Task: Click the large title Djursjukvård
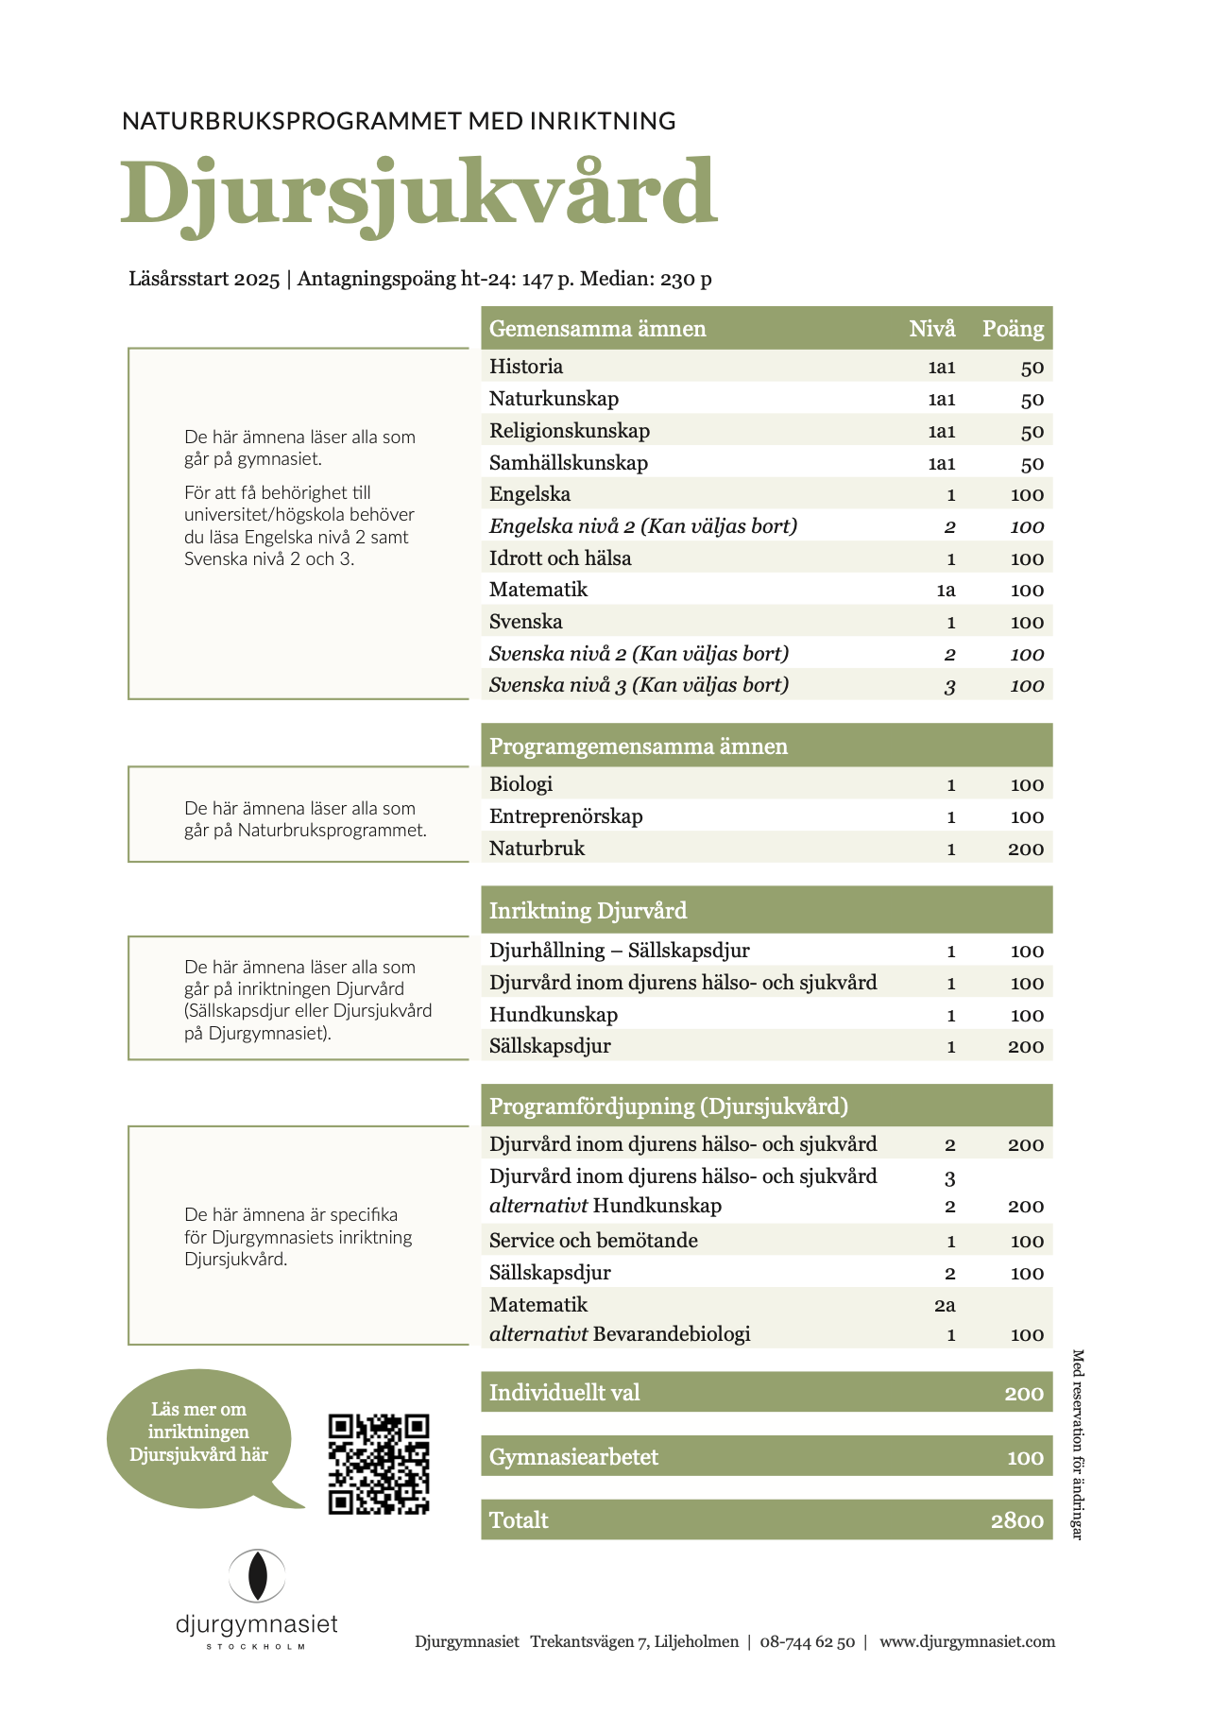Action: point(418,194)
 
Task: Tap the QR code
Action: point(379,1465)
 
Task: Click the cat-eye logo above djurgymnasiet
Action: point(257,1575)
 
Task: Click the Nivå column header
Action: point(931,329)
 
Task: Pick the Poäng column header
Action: point(1013,329)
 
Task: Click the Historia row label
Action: point(526,367)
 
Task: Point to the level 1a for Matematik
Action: point(946,591)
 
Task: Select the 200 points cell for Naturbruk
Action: point(1025,849)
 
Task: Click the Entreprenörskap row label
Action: point(566,816)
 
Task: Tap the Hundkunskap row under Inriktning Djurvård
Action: point(554,1015)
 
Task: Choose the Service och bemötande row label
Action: point(593,1241)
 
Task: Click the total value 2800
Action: point(1016,1520)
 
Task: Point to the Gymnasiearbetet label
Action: point(573,1457)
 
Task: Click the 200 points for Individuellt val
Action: point(1023,1393)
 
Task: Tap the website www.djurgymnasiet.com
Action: point(966,1641)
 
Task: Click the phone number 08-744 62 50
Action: point(807,1641)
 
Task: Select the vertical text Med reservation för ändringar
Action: point(1077,1444)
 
